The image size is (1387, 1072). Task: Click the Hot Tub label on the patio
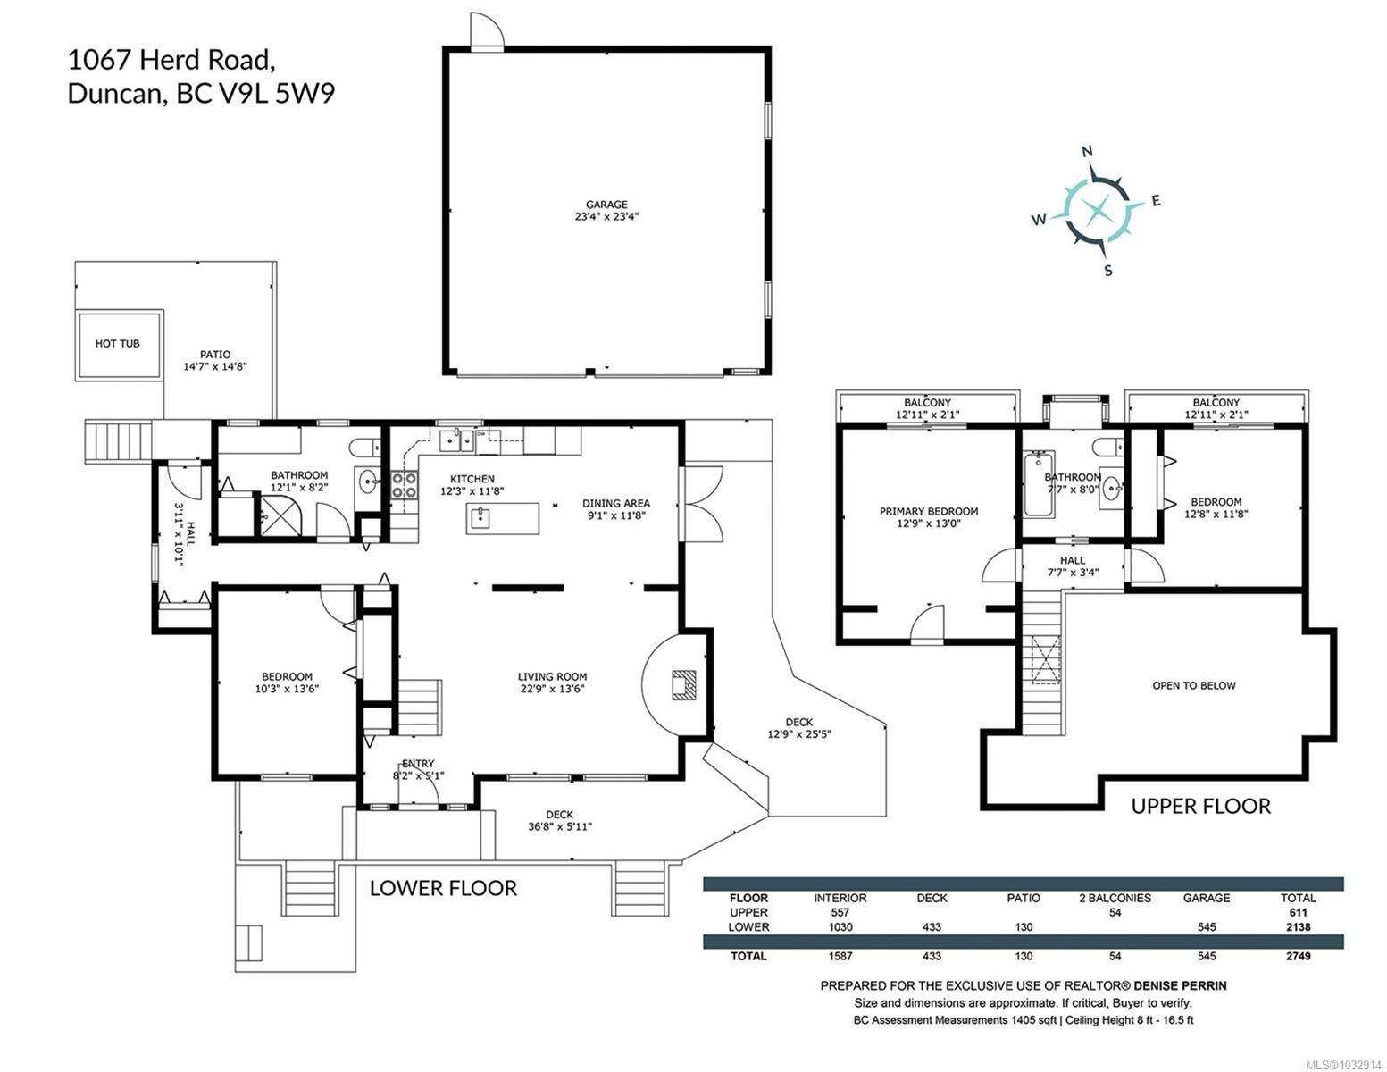(x=117, y=343)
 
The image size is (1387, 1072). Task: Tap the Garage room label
(x=606, y=205)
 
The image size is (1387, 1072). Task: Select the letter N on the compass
(x=1087, y=151)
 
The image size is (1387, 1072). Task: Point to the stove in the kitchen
(x=404, y=485)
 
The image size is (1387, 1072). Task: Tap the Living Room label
(x=552, y=676)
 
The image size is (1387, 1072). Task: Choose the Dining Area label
(x=615, y=503)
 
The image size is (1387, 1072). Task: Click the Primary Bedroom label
(x=928, y=511)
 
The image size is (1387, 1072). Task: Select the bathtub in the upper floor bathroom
(x=1039, y=485)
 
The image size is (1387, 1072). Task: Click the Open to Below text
(x=1193, y=685)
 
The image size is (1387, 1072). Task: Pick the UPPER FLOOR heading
(x=1199, y=806)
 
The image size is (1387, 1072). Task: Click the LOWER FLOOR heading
(x=443, y=888)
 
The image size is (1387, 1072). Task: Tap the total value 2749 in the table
(x=1297, y=956)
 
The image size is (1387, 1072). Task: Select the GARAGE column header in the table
(x=1206, y=898)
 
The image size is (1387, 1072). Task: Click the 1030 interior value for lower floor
(x=840, y=927)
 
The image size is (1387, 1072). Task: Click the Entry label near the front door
(x=417, y=763)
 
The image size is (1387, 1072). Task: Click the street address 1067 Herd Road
(x=170, y=60)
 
